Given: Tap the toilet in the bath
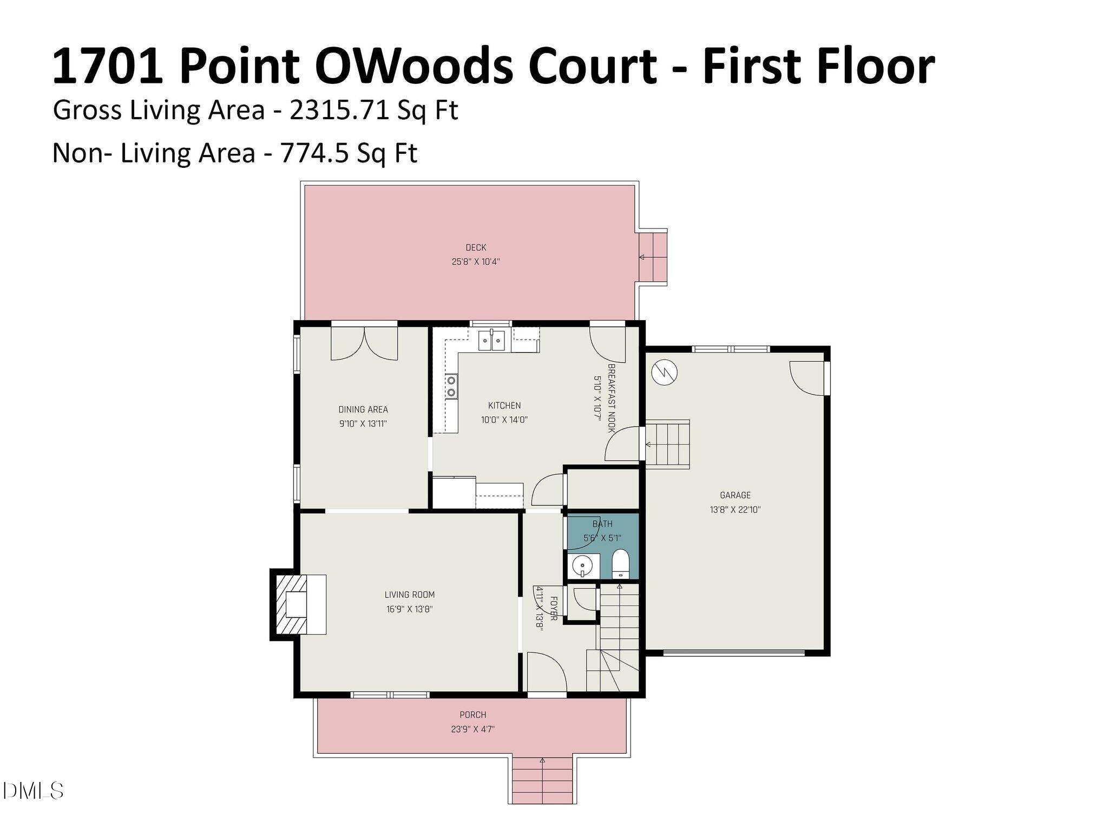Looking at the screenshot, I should [x=620, y=565].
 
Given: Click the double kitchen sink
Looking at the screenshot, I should [x=491, y=341].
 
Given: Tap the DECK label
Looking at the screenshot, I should [x=476, y=247].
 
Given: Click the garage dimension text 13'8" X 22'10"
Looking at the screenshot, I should [x=735, y=510].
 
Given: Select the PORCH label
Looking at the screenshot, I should [x=472, y=715].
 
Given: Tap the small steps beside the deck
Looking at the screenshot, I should [x=653, y=258].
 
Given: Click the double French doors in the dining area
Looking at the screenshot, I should [x=364, y=343].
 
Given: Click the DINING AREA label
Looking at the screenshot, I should [x=363, y=409].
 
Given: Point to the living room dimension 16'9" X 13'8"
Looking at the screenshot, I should [x=409, y=609].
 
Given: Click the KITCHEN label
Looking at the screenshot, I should [x=504, y=405].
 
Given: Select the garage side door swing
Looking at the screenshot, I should [x=806, y=379].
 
